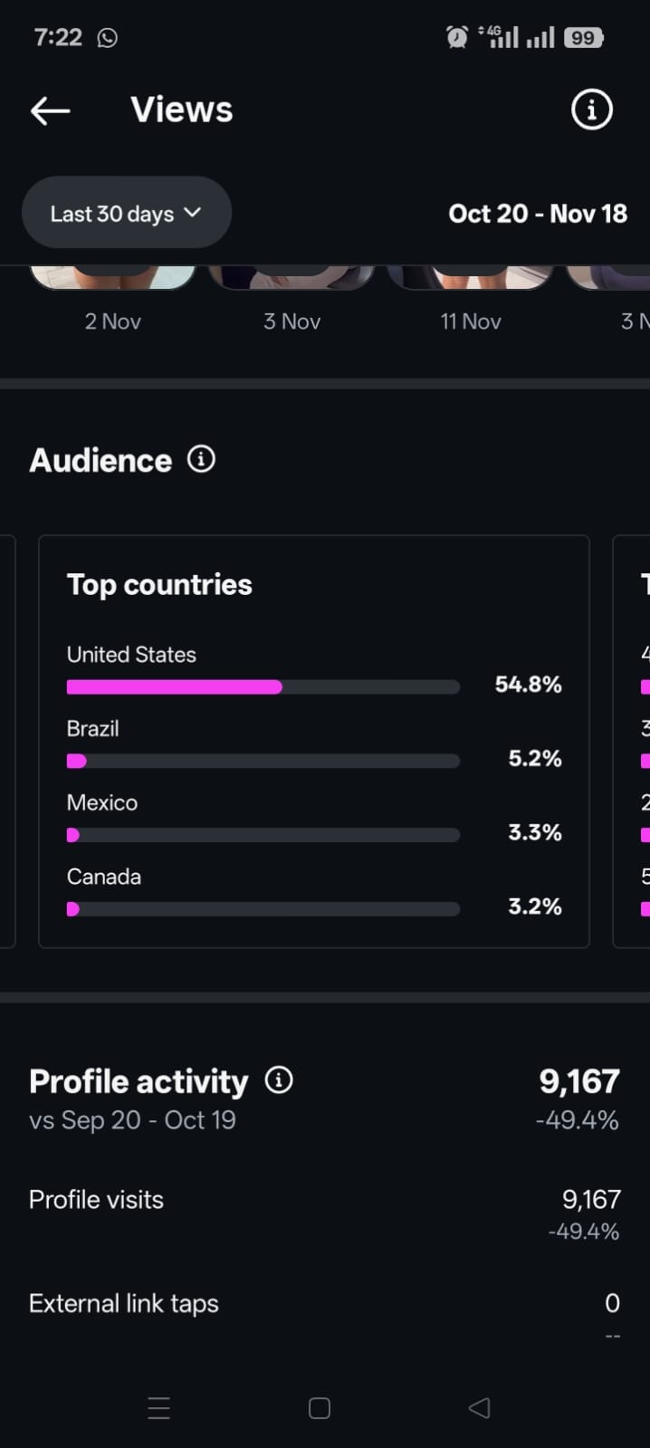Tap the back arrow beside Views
(x=50, y=110)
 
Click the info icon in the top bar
(x=592, y=110)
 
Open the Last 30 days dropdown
(x=126, y=214)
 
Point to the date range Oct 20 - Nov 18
(x=538, y=214)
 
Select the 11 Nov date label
(x=471, y=321)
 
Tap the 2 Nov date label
(x=113, y=321)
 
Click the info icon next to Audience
(x=201, y=459)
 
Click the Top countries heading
(x=159, y=585)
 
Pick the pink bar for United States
(x=175, y=687)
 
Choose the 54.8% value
(x=528, y=685)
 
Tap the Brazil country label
(x=93, y=729)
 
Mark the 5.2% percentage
(x=534, y=759)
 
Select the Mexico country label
(x=102, y=803)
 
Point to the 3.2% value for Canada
(x=534, y=906)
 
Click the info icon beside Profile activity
(x=279, y=1080)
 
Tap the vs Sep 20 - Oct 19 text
(x=132, y=1120)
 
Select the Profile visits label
(x=96, y=1200)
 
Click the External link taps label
(x=124, y=1304)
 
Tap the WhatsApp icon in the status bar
(x=107, y=38)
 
